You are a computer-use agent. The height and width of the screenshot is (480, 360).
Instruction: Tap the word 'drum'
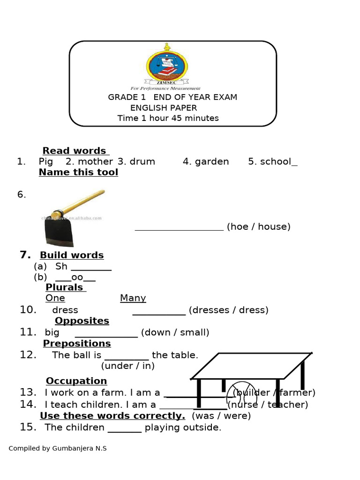tap(142, 162)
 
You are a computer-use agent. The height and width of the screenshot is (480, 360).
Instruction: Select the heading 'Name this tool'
tap(78, 172)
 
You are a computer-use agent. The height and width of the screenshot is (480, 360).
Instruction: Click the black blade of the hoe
tap(58, 230)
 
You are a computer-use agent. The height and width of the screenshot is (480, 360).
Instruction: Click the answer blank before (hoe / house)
tap(179, 227)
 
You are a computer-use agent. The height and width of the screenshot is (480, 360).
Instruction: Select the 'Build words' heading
tap(72, 255)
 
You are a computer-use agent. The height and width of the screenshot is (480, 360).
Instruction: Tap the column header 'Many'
tap(133, 298)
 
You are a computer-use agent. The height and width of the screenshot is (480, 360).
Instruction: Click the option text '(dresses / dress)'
tap(228, 310)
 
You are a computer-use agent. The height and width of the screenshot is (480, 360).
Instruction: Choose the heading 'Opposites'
tap(82, 321)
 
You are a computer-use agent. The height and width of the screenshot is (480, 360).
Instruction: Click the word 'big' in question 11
tap(52, 333)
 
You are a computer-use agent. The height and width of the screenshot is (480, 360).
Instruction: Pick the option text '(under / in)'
tap(127, 366)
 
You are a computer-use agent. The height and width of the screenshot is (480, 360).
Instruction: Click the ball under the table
tap(241, 394)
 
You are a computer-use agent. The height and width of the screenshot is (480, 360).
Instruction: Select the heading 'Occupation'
tap(76, 381)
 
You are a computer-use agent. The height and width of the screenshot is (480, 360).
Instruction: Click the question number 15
tap(28, 427)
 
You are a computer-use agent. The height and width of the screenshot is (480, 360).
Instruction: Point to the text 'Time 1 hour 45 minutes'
tap(168, 118)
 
